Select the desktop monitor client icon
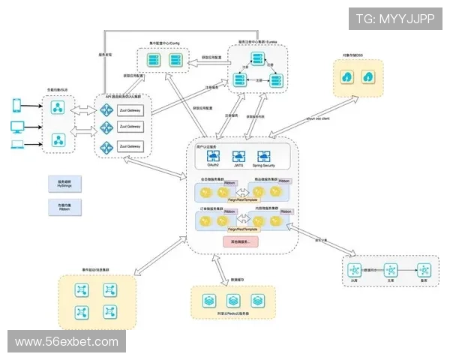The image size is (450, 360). point(16,126)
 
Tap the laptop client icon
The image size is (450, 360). point(16,145)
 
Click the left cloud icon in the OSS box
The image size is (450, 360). point(349,77)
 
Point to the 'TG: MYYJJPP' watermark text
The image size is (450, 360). point(396,19)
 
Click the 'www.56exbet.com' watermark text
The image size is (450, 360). point(66,341)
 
